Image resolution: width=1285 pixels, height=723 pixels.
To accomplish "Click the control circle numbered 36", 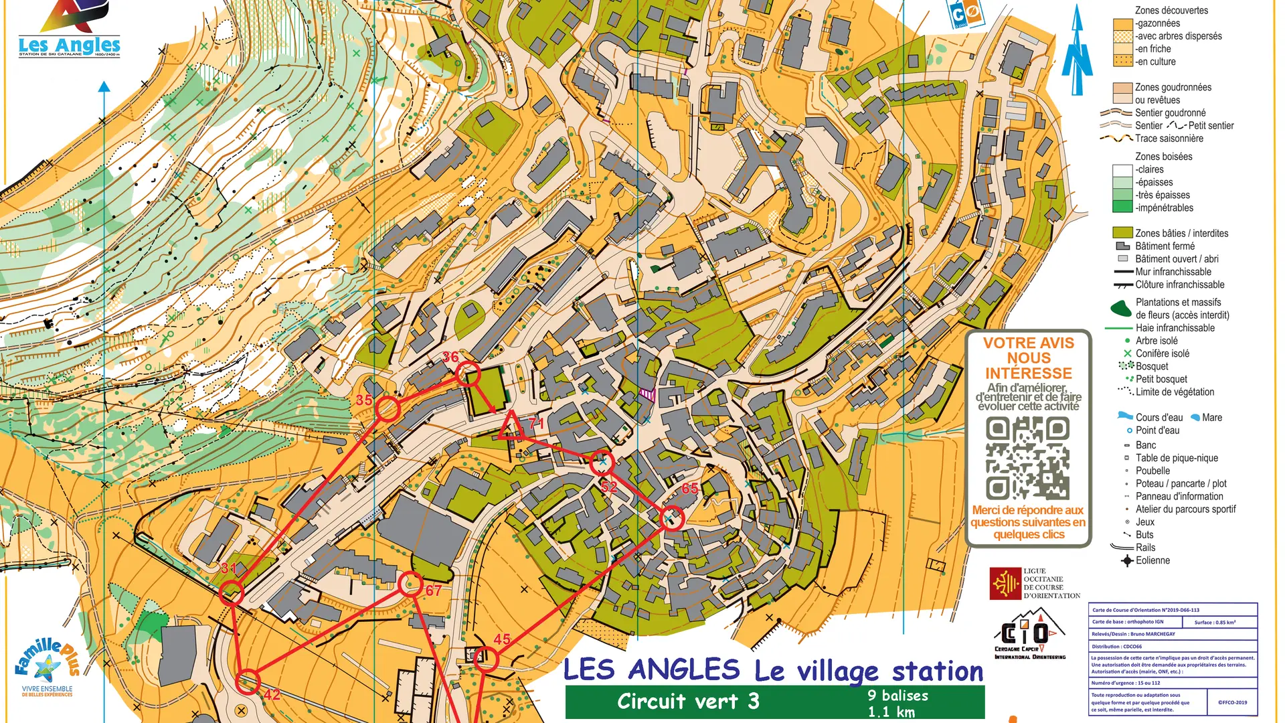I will pos(468,374).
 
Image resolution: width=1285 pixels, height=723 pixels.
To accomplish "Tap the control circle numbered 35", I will pos(387,408).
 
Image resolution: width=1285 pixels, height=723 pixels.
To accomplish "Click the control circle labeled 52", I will pos(602,462).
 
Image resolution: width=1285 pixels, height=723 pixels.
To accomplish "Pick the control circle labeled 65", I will pos(672,517).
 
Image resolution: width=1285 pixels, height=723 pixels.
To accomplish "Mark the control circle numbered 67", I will pos(410,584).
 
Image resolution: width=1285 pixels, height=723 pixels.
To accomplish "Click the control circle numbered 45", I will pos(486,659).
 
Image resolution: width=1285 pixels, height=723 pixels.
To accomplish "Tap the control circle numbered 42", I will pos(248,681).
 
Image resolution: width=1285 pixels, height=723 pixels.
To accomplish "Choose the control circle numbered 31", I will pos(232,592).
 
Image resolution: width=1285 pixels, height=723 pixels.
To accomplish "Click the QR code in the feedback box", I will pos(1027,459).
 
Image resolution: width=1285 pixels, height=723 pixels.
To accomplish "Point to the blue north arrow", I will pos(1077,50).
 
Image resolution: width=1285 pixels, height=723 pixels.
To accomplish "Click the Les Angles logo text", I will pos(70,46).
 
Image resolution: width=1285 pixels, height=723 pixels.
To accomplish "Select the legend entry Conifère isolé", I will pos(1162,353).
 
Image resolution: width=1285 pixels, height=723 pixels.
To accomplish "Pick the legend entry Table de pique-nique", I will pos(1176,458).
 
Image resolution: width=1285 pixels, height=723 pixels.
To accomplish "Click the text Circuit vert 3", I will pos(688,702).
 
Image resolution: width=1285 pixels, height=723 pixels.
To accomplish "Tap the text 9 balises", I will pos(897,696).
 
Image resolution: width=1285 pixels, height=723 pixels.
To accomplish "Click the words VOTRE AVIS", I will pos(1028,343).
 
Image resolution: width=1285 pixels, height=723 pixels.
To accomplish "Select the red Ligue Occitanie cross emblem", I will pos(1005,583).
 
